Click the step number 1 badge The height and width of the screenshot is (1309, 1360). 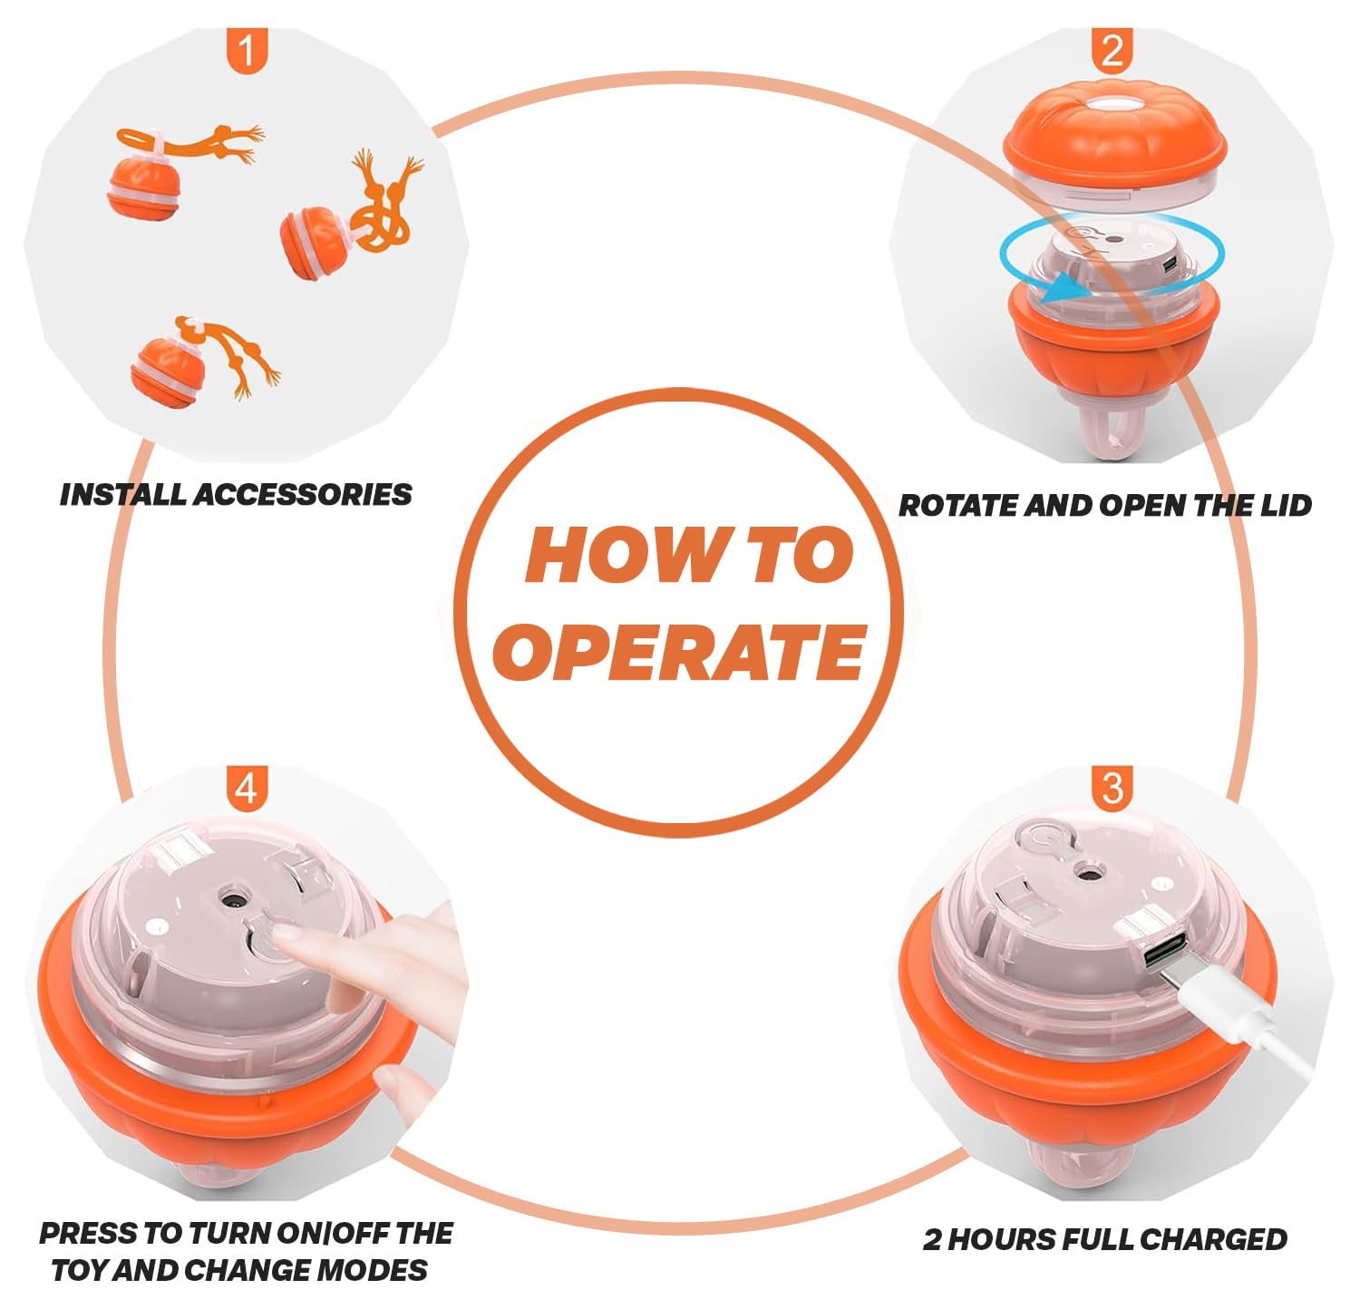coord(247,51)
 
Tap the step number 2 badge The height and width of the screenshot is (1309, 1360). coord(1112,51)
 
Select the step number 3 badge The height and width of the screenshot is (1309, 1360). coord(1112,788)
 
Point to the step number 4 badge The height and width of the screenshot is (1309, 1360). coord(247,788)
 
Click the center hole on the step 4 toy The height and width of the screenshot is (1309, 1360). coord(234,901)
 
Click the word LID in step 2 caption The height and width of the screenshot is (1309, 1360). coord(1287,505)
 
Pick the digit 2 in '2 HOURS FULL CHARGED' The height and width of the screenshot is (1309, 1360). coord(933,1239)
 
